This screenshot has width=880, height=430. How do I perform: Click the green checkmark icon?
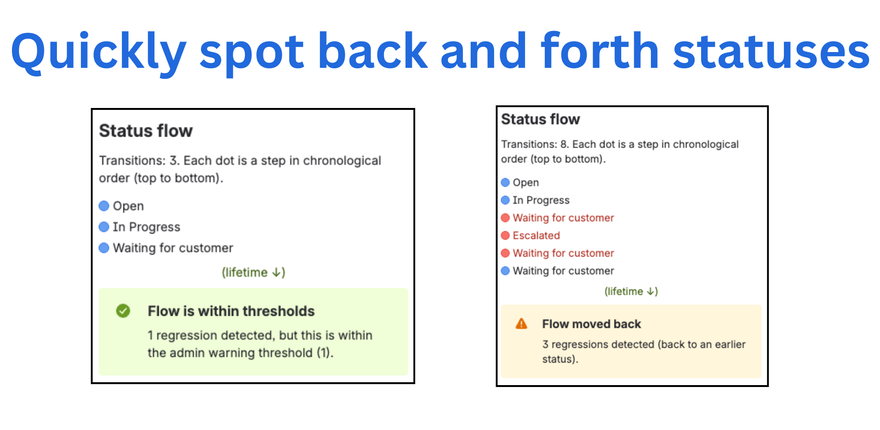pos(123,311)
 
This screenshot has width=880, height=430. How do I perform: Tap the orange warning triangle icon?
pos(521,324)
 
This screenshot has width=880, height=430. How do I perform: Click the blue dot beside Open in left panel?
pos(104,206)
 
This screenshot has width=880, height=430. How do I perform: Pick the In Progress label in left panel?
pos(146,227)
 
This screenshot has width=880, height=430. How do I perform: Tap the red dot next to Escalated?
pos(506,236)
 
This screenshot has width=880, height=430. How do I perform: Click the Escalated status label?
pos(536,236)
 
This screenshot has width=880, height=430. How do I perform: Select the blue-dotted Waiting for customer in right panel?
pos(563,271)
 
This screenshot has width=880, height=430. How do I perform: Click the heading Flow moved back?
pos(591,324)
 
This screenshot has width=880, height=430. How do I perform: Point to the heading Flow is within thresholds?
pos(231,311)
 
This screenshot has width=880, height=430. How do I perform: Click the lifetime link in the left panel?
pos(253,272)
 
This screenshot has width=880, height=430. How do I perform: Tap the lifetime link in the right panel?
pos(631,291)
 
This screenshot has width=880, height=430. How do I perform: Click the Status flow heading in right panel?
pos(540,119)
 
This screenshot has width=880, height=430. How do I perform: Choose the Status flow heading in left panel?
pos(146,131)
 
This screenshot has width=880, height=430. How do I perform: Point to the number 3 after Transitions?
pos(173,161)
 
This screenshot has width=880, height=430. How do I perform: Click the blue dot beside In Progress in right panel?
pos(506,200)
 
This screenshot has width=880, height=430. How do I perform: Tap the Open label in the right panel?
pos(526,183)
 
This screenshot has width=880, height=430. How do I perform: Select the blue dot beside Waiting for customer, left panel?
pos(104,248)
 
